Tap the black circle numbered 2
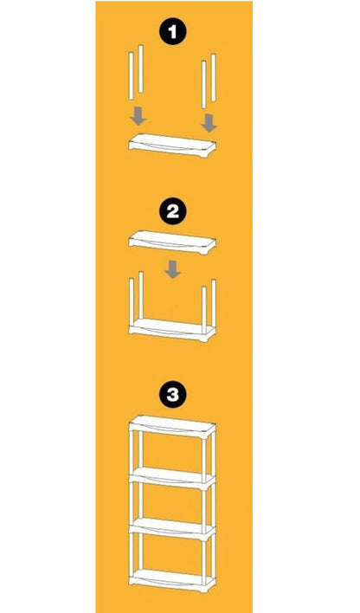173,211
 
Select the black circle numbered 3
173,395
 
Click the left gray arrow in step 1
138,117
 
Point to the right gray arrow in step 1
209,123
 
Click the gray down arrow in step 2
172,270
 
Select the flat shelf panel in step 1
172,145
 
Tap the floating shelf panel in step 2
172,242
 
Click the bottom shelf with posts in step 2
172,330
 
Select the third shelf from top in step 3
172,528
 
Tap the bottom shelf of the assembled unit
172,579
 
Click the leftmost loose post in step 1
132,76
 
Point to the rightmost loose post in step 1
214,77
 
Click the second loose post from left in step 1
141,68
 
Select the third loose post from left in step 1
203,84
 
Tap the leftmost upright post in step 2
132,303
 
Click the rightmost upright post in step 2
214,304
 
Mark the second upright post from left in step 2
141,295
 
